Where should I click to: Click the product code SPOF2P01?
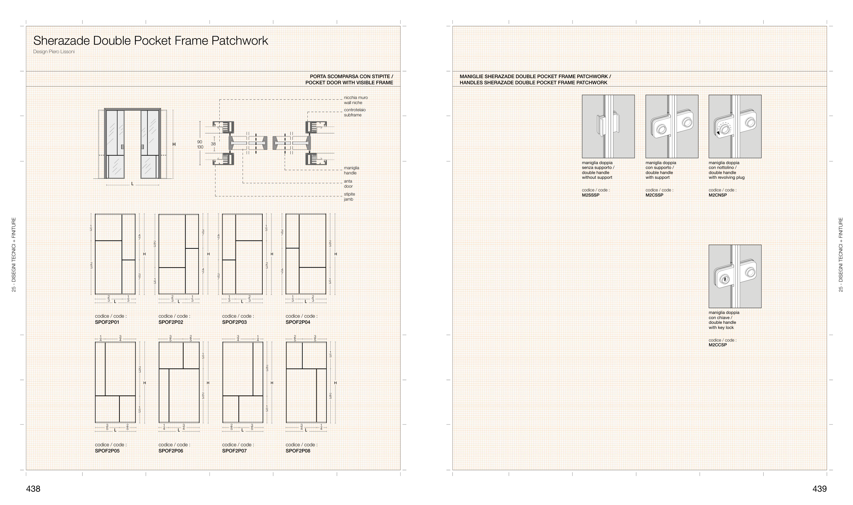107,322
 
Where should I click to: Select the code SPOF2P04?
298,322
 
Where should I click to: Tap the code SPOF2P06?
171,451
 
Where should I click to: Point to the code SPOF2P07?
234,451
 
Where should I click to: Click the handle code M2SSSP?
591,195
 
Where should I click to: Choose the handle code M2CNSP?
718,195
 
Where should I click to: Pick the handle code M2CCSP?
718,345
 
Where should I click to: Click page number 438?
33,489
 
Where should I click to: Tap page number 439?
820,489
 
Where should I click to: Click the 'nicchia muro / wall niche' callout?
356,100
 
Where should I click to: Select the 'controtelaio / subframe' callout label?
355,112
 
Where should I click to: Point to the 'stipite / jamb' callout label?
349,197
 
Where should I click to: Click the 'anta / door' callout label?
348,184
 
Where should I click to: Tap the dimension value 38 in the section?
213,144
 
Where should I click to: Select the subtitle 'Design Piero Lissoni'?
54,52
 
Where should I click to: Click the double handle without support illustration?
608,126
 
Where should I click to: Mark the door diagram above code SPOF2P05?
115,382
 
